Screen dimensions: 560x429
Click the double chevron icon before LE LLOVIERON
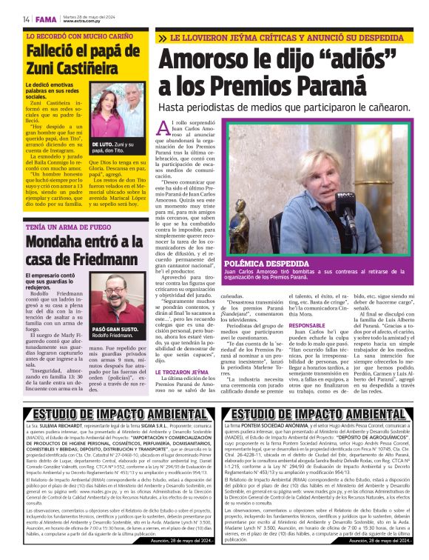(161, 37)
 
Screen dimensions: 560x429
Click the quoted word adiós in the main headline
(358, 60)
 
